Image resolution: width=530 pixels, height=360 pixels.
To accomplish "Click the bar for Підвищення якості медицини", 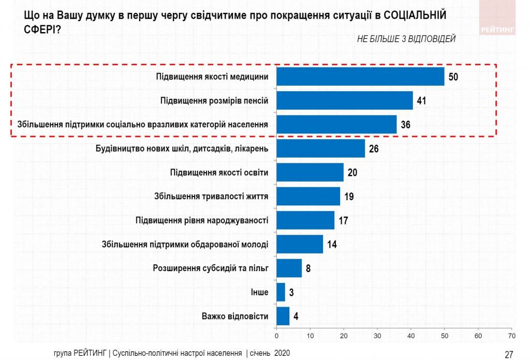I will point(360,77).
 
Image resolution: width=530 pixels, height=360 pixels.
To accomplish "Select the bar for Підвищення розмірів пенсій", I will point(345,100).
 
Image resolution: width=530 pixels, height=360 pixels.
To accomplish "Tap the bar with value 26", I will point(320,148).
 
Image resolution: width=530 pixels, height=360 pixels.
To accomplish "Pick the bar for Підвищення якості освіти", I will point(310,172).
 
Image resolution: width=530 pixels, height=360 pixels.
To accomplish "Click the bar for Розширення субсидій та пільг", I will point(289,268).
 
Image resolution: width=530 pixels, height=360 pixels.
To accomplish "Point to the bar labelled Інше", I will point(281,292).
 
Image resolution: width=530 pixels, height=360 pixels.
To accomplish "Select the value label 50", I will point(454,77).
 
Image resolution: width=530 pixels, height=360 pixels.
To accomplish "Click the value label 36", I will point(406,125).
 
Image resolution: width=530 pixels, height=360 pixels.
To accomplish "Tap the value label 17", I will point(343,220).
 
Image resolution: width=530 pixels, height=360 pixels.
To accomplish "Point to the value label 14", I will point(332,244).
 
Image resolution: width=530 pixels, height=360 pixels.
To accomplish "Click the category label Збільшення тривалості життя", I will point(211,197).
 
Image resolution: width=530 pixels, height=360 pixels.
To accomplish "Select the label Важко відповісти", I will point(235,316).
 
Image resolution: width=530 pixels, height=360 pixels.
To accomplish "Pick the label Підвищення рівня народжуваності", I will point(202,220).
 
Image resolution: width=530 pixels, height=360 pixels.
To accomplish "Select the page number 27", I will point(509,354).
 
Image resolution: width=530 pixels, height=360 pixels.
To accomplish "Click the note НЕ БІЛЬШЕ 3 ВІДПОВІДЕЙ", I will point(406,39).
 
